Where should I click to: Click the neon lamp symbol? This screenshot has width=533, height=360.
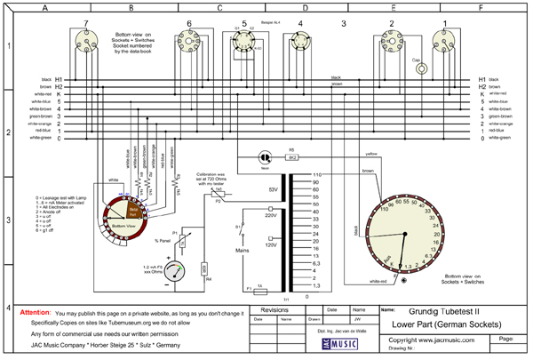(x=264, y=155)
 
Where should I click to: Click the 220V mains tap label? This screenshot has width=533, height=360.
(x=272, y=214)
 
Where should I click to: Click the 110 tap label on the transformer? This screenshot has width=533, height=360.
(x=317, y=174)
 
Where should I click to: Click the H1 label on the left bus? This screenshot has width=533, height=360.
(x=58, y=79)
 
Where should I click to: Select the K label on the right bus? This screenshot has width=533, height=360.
(x=482, y=93)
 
